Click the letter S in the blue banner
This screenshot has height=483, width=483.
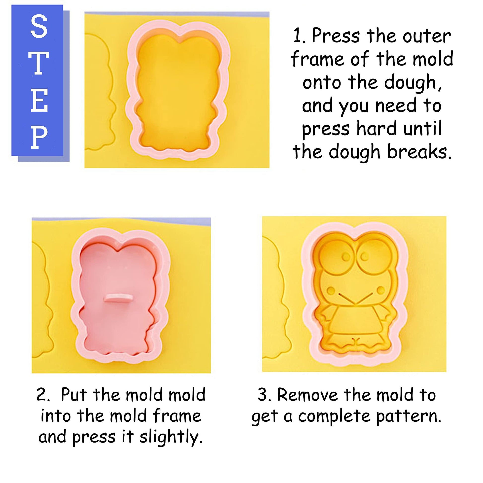click(x=39, y=26)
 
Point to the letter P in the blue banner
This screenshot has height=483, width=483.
click(x=39, y=137)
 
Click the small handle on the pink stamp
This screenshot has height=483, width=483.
click(x=118, y=298)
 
